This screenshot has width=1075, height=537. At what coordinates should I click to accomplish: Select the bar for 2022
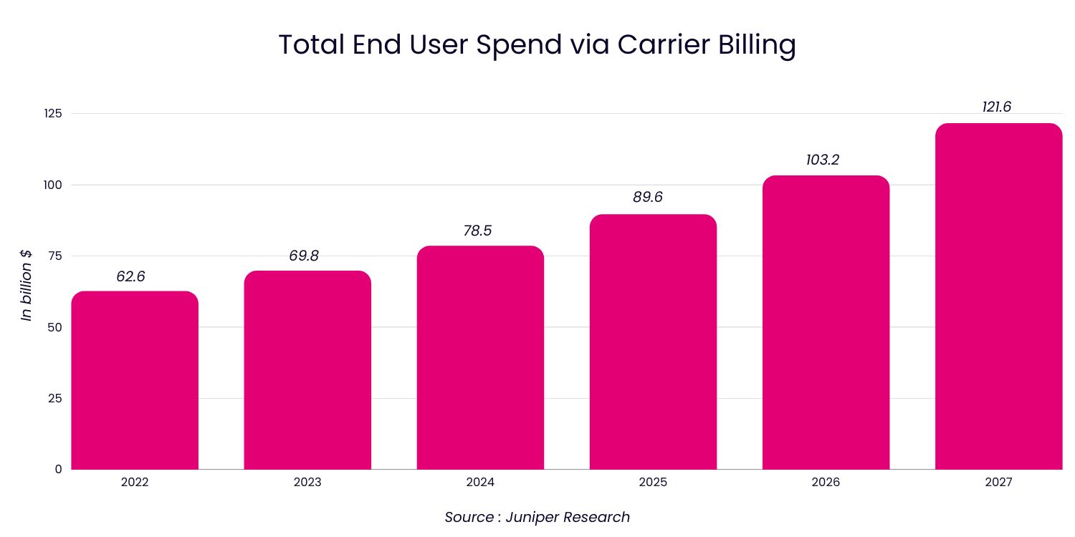pos(135,380)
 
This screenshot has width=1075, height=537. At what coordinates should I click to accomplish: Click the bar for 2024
pos(480,358)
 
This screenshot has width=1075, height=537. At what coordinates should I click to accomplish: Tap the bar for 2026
pos(826,322)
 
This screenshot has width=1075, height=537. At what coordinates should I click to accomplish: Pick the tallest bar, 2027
pos(998,296)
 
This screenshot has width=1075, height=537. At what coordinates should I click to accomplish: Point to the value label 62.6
pos(130,276)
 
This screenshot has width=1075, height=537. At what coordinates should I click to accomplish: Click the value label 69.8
pos(304,256)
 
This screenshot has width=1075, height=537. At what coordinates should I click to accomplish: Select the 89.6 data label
pos(648,197)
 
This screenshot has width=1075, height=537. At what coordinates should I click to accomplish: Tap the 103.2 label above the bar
pos(822,160)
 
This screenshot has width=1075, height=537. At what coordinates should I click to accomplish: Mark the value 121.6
pos(996,107)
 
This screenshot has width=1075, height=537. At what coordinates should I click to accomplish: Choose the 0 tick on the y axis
pos(58,469)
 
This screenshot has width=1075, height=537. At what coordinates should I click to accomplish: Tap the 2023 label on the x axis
pos(307,483)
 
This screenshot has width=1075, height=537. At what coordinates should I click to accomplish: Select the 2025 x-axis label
pos(653,483)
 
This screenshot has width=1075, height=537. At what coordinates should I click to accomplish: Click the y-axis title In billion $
pos(27,285)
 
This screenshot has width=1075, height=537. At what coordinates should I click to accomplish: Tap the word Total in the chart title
pos(312,45)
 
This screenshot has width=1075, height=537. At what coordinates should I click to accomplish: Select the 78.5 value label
pos(477,231)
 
